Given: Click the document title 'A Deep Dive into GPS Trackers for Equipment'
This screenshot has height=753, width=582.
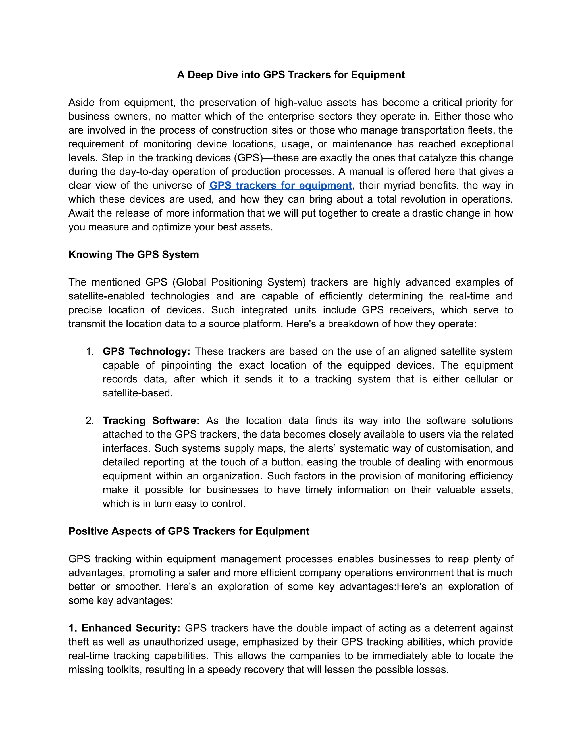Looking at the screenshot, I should [x=291, y=75].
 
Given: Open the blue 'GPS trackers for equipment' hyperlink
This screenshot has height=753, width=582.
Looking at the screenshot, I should [x=280, y=186].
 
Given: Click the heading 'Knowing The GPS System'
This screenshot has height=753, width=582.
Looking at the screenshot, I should [x=134, y=254].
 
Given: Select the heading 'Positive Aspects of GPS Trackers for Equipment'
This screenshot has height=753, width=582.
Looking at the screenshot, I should [x=189, y=531].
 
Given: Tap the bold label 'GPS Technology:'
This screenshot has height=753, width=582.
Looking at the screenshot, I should [x=146, y=351].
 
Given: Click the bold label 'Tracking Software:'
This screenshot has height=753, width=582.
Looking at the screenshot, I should [x=151, y=421].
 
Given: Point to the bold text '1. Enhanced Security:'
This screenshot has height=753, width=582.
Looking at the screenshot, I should [x=124, y=628].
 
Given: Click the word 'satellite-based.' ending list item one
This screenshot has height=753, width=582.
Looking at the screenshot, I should [x=138, y=393].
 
